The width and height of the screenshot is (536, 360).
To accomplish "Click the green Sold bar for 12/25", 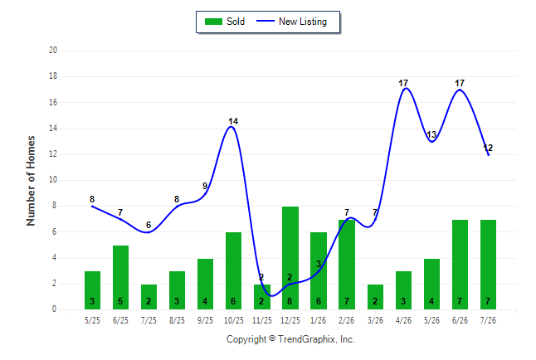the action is pos(290,258).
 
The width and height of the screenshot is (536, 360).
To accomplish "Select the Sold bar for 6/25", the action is pos(120,277).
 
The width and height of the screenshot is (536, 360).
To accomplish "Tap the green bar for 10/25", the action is pos(233,270).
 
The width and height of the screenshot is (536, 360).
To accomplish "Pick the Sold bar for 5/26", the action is pos(431,284).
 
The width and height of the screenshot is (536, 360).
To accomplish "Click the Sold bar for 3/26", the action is pos(375,297).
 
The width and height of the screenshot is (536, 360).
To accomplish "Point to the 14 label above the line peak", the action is pos(233,121).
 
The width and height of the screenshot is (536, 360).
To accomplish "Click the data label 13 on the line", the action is pos(431,134).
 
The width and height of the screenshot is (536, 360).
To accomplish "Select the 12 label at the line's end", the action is pos(488,148).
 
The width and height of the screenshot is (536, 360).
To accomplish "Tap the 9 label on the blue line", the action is pos(205,186).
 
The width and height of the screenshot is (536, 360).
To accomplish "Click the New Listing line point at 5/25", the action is pos(92,207).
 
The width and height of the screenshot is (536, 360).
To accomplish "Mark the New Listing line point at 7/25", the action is pos(149,232).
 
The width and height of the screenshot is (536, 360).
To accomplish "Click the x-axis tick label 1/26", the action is pos(319,320).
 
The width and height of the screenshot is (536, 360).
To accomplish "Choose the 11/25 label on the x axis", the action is pos(262,320).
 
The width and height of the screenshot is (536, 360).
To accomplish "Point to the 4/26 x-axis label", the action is pos(403,320).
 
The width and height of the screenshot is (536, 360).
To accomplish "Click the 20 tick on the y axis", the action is pos(53,51).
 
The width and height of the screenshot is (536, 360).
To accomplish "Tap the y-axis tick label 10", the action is pos(53,180).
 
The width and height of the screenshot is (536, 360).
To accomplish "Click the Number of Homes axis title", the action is pos(31,181).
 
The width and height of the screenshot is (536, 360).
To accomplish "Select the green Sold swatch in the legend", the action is pos(213,22).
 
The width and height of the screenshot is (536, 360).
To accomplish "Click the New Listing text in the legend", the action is pos(303,22).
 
